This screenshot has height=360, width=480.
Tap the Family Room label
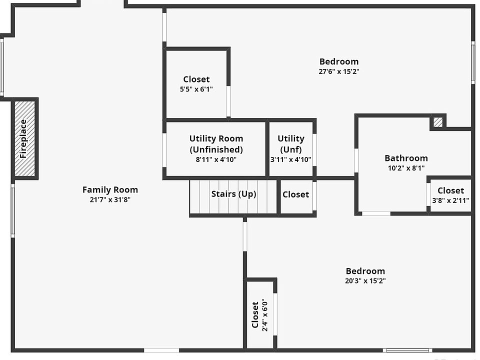point(110,190)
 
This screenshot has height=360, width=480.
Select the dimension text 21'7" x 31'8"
point(110,199)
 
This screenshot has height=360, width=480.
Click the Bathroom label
point(406,158)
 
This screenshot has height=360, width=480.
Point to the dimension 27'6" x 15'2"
point(339,71)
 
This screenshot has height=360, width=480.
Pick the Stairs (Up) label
point(234,194)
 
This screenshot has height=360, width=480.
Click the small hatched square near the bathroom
point(438,122)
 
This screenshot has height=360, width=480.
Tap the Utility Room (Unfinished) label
point(216,144)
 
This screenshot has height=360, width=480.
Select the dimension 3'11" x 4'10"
point(291,159)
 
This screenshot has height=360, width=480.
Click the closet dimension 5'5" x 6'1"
point(196,89)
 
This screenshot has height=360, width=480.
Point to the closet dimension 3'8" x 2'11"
point(450,200)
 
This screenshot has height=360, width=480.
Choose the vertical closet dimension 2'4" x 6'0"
point(265,315)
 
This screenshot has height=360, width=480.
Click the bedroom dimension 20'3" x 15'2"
point(365,280)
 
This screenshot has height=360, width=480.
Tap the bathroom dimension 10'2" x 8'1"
point(406,168)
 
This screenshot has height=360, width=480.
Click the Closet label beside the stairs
point(295,194)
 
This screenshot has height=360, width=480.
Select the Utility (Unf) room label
point(291,144)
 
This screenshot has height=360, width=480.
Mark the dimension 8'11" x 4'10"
point(216,159)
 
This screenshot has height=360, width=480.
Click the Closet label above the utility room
point(196,79)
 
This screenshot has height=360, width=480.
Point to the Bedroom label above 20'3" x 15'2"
point(365,271)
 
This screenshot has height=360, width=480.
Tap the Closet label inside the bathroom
point(450,190)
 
